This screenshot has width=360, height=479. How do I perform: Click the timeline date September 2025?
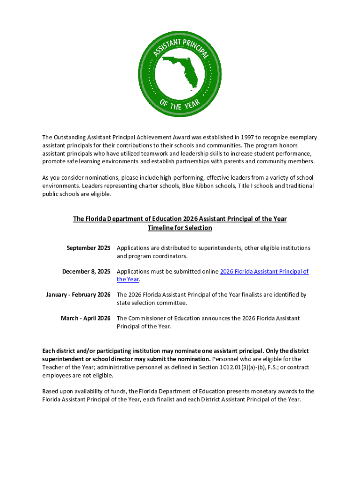coord(88,248)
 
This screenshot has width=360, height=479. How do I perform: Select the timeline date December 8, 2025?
coord(86,271)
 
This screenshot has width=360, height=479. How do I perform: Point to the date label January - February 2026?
coord(78,295)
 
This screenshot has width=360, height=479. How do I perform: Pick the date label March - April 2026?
coord(86,318)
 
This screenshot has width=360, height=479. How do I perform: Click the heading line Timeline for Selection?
coord(180,228)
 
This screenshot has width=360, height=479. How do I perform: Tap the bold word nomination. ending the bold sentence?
coord(192,359)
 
